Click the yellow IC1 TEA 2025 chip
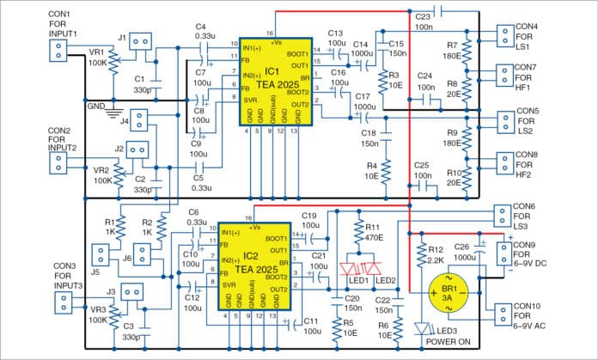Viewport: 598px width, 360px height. (275, 80)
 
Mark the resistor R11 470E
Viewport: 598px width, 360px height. (359, 231)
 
